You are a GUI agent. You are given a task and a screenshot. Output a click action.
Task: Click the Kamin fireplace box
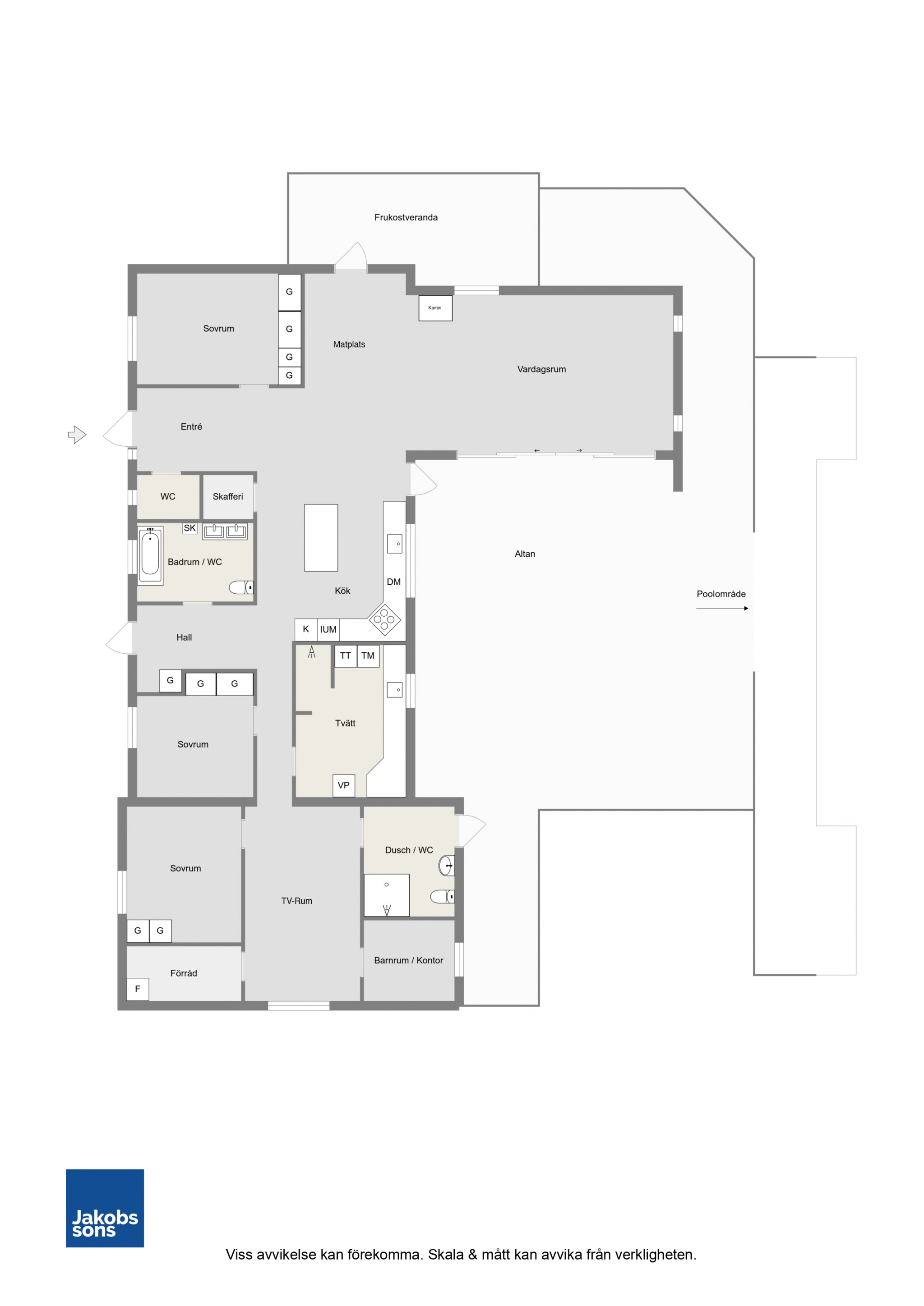click(435, 308)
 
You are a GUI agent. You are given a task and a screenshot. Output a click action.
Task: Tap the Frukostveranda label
click(406, 217)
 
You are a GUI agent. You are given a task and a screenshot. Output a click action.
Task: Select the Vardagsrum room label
click(541, 369)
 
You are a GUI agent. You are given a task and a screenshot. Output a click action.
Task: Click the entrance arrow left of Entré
click(77, 435)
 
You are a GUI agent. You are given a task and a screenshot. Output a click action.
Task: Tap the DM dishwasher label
click(393, 582)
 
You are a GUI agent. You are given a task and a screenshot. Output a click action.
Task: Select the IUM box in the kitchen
click(328, 630)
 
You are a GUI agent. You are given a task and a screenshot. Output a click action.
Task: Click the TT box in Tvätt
click(346, 656)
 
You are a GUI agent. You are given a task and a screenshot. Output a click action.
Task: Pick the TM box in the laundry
click(368, 656)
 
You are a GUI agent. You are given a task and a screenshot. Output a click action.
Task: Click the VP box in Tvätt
click(344, 785)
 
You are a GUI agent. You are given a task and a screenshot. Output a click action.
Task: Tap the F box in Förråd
click(138, 989)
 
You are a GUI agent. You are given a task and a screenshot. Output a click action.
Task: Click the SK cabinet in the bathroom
click(189, 528)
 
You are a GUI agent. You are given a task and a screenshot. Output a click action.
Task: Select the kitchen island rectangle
click(321, 537)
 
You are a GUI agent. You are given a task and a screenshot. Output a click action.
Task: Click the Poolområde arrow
click(722, 609)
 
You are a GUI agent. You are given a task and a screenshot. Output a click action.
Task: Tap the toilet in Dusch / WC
click(442, 897)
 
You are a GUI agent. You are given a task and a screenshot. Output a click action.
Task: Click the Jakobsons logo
click(105, 1208)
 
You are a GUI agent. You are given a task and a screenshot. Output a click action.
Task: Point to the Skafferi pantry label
click(228, 497)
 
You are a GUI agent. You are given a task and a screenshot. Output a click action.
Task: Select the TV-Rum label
click(296, 901)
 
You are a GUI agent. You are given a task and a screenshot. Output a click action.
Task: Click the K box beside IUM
click(306, 630)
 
